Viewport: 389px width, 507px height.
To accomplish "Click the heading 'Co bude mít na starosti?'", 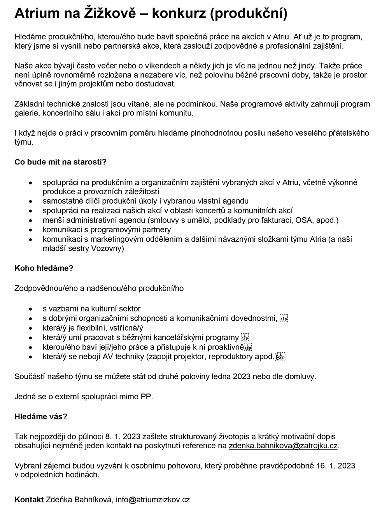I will (60, 162).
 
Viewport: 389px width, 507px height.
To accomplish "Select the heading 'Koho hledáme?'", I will (44, 268).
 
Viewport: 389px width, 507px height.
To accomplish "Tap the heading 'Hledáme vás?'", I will (41, 416).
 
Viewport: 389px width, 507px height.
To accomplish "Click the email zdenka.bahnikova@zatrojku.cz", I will (283, 446).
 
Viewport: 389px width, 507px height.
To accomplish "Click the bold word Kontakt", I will (29, 500).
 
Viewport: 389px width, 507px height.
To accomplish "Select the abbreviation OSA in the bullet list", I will (303, 220).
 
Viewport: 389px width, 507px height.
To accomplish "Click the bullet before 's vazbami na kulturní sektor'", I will (30, 309).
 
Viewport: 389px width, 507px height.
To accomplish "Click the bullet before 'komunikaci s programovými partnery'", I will (30, 230).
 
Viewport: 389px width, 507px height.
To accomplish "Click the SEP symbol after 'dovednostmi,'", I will (284, 318).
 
